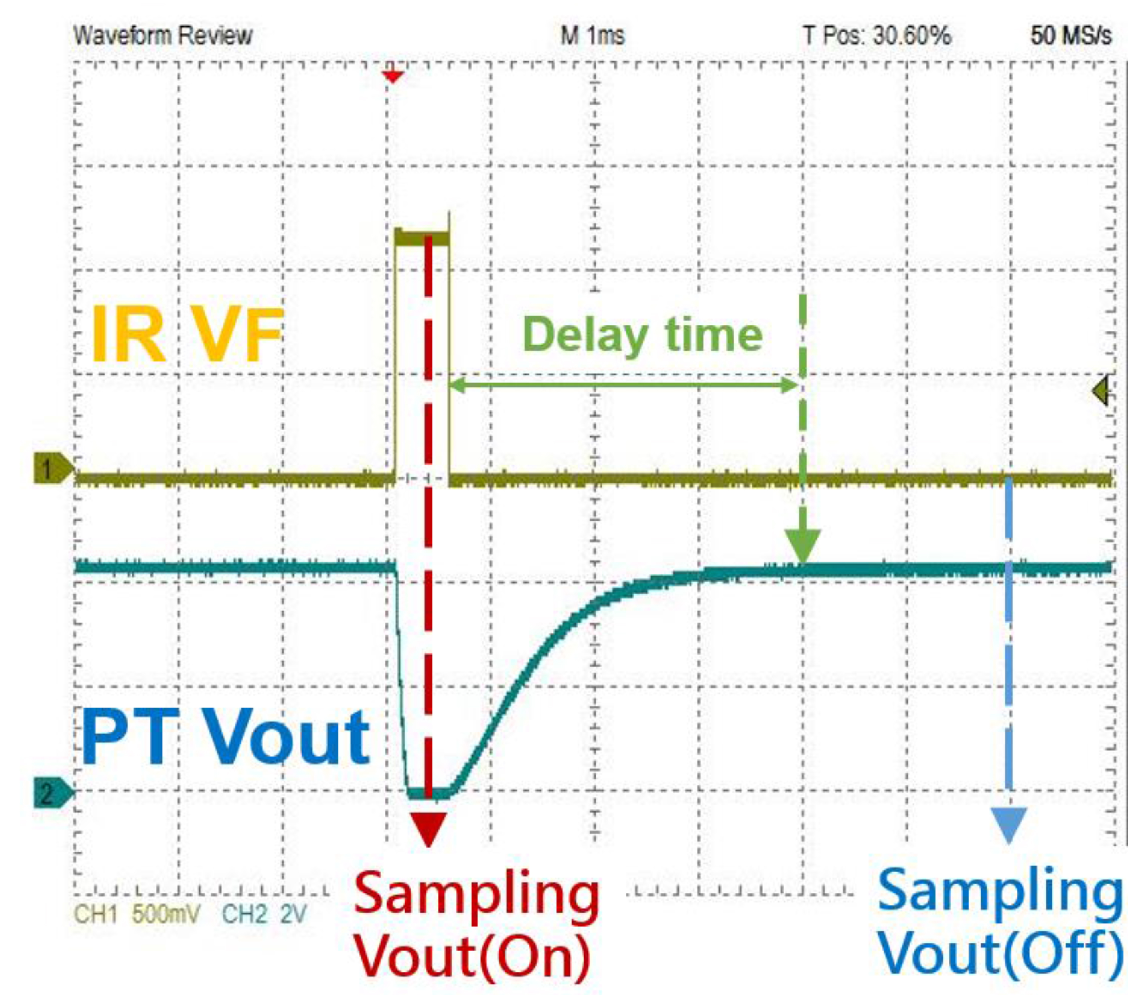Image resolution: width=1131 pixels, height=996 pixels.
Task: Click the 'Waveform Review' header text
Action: tap(163, 36)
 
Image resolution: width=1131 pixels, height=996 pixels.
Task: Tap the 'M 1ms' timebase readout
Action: tap(593, 37)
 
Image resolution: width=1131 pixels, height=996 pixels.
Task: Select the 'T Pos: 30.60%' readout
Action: tap(877, 36)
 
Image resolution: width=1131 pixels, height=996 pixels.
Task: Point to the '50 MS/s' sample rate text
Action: tap(1071, 36)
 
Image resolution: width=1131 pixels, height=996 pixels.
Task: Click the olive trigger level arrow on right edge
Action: tap(1101, 391)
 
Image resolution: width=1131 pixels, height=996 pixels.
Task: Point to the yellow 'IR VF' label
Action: tap(186, 334)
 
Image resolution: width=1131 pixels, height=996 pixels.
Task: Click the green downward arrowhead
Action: tap(803, 547)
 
